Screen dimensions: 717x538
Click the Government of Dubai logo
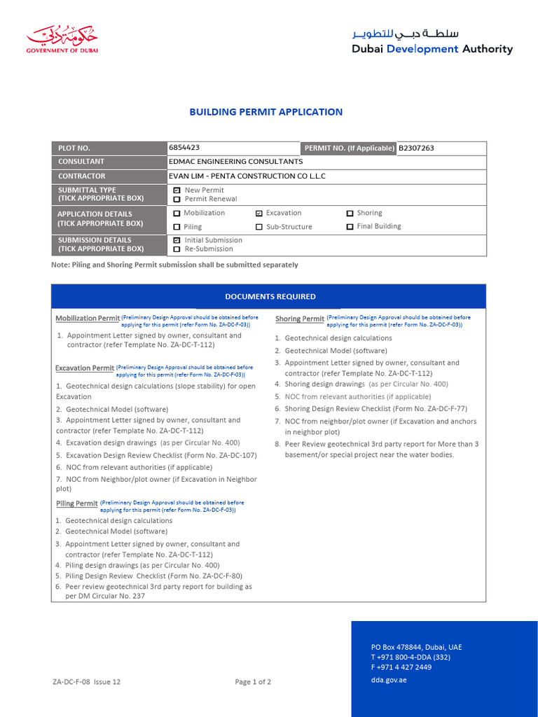(62, 40)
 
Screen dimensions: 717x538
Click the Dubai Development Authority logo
(432, 42)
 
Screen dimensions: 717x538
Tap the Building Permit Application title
(266, 112)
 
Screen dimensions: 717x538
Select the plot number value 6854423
(184, 148)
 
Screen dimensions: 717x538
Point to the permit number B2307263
(416, 148)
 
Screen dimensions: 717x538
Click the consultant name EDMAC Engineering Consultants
(236, 162)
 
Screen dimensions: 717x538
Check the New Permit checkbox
(177, 190)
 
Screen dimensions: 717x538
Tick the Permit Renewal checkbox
(177, 200)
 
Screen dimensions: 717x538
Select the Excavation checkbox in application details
(259, 213)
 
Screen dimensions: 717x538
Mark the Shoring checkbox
(350, 213)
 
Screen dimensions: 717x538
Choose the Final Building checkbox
(350, 227)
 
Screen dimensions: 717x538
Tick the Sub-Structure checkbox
(259, 227)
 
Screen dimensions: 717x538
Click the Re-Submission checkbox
(177, 249)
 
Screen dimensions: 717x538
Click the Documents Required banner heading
(270, 297)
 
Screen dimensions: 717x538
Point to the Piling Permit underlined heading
(76, 503)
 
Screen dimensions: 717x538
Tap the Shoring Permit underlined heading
(299, 319)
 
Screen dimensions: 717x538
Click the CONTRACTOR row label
(81, 176)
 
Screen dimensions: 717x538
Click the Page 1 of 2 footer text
(253, 682)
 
